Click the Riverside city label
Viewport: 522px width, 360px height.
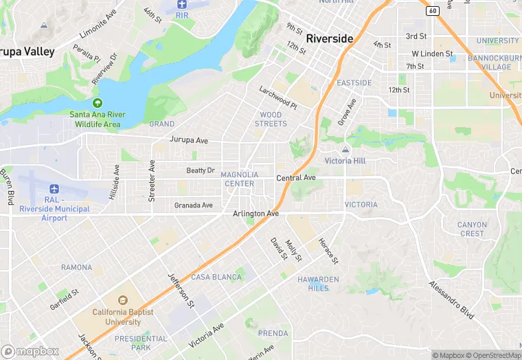pos(330,38)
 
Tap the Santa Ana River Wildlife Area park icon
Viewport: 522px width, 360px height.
pos(98,102)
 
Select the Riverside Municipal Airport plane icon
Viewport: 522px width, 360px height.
pos(54,189)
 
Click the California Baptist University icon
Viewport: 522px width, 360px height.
pos(123,301)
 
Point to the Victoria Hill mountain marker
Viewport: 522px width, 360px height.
pos(345,150)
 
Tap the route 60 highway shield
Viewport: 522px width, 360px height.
pos(432,10)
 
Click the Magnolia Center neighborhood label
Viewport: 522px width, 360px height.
pos(240,179)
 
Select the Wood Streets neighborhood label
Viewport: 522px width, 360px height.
pos(271,119)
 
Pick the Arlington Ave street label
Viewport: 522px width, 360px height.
pos(256,214)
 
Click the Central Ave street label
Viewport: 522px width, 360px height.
pos(295,178)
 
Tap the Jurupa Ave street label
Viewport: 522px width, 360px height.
pos(188,140)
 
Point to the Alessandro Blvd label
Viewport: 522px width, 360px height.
pos(451,300)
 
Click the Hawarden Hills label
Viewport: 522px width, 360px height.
pos(313,284)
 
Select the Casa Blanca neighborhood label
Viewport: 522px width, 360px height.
pos(216,277)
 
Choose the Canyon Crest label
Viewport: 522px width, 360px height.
pos(472,229)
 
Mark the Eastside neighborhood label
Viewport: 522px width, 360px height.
pos(354,83)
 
